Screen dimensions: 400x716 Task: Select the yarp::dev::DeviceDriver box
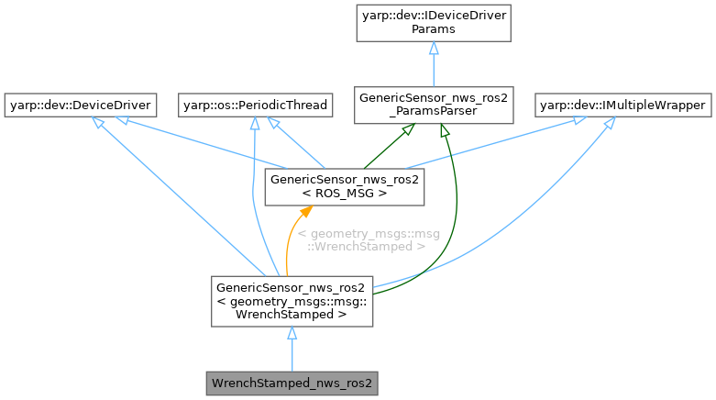(x=80, y=106)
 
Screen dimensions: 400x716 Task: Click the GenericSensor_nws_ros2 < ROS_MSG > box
(x=344, y=187)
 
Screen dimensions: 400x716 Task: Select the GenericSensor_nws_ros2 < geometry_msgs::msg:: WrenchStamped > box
(x=292, y=300)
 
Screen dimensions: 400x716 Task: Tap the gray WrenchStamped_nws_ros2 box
(x=292, y=380)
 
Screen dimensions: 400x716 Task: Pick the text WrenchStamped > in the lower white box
(x=292, y=314)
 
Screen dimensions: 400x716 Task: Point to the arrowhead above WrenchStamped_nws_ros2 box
(x=292, y=334)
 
